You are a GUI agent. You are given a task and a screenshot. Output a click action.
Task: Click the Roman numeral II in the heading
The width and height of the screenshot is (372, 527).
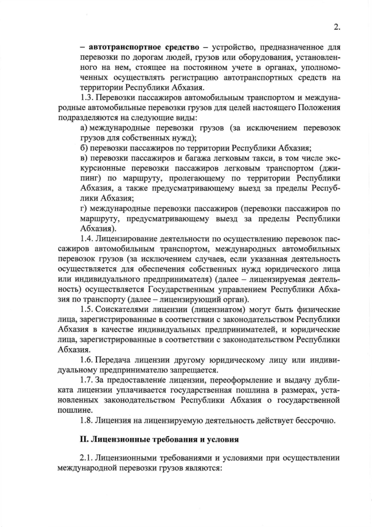[84, 437]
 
